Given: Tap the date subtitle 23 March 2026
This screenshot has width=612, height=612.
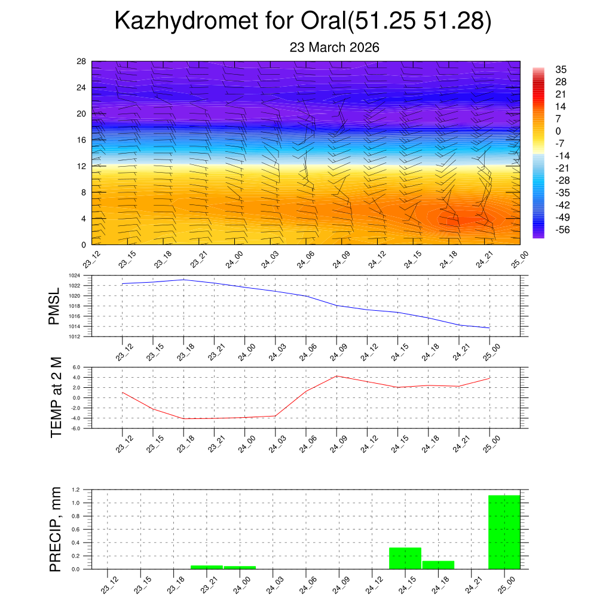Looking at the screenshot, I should pos(334,47).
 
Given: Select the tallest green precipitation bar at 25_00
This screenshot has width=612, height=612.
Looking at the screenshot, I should pos(504,532).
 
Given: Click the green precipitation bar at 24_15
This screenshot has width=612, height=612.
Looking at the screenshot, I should pos(405,558).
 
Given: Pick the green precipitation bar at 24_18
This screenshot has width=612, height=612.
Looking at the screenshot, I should pos(438,565).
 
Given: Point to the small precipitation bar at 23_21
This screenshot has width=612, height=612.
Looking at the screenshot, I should pos(207,567).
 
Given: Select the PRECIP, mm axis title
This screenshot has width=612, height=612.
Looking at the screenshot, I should pos(56,529).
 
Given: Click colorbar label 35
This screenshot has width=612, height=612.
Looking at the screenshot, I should pos(561,69).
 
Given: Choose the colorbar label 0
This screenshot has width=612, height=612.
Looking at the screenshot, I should pos(558,131).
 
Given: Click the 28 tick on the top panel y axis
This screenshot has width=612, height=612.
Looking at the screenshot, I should pos(81,61).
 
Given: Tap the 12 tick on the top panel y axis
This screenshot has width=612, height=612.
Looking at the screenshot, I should pos(81,166).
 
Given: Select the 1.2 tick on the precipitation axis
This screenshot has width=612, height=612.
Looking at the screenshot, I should pos(75,489).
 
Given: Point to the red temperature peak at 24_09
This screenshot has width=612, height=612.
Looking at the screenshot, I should pos(336,376).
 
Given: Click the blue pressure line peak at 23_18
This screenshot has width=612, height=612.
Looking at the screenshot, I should pos(183,280).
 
